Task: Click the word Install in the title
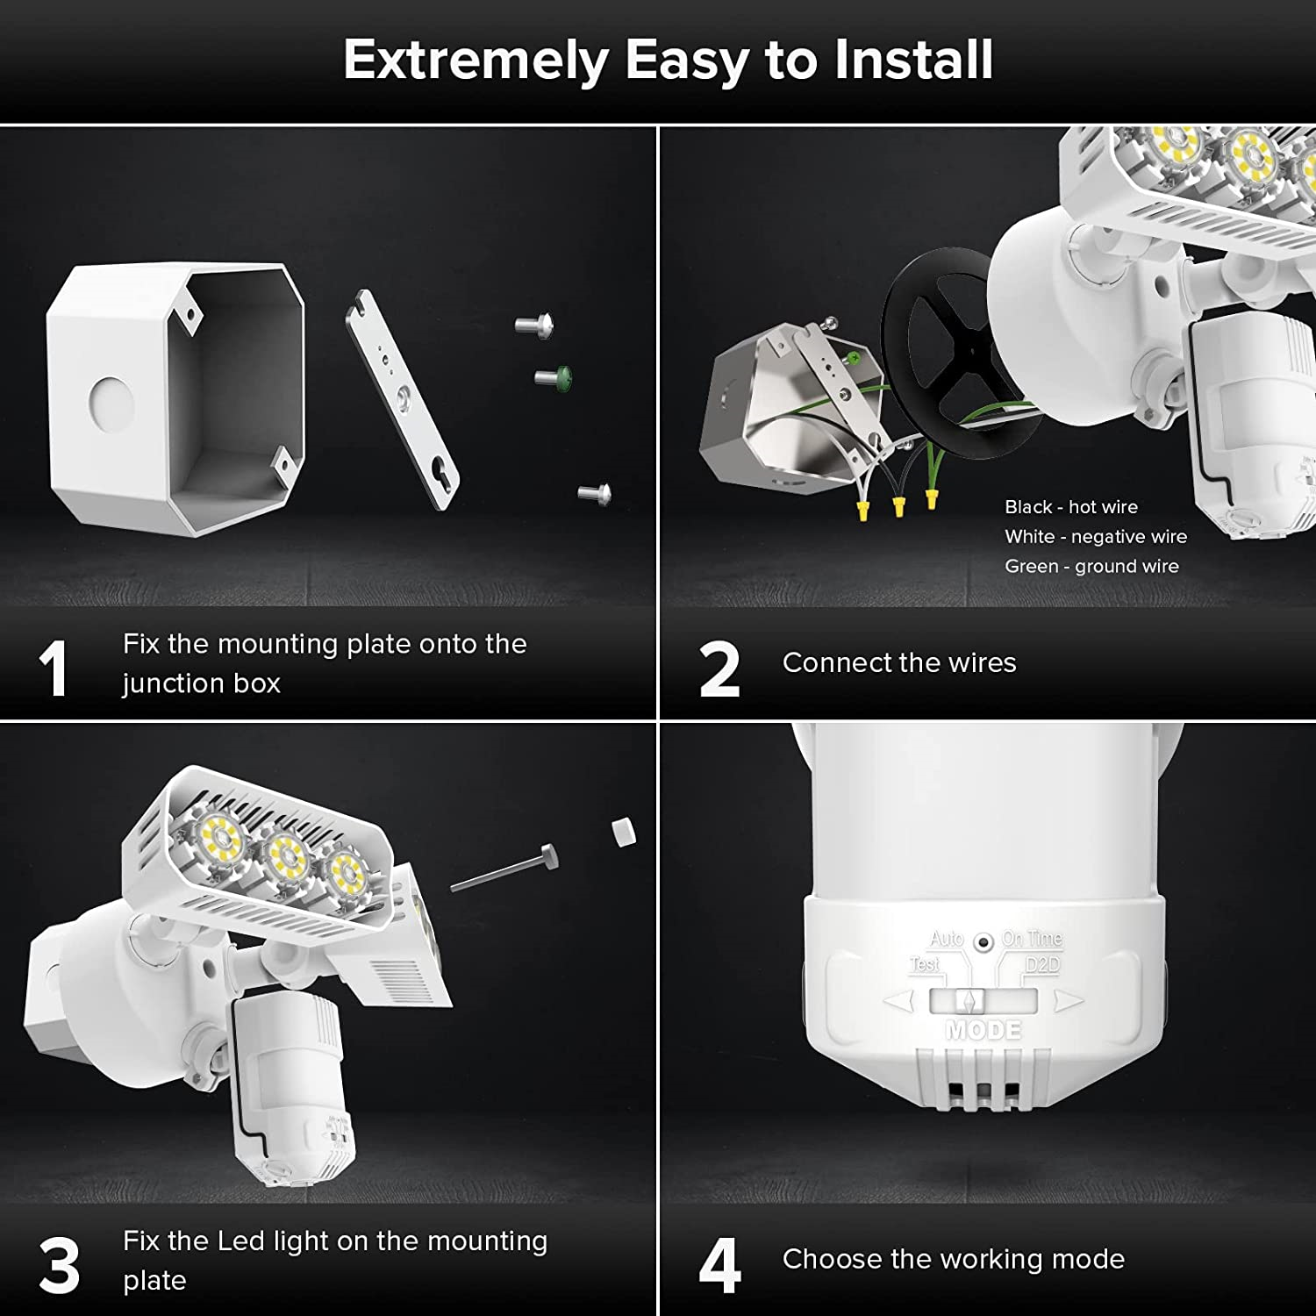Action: tap(913, 60)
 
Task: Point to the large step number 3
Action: tap(59, 1266)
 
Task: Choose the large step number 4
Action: tap(720, 1266)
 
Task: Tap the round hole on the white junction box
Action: tap(111, 405)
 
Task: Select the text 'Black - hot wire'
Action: tap(1070, 507)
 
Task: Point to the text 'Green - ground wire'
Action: tap(1091, 567)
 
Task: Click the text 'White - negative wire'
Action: tap(1095, 537)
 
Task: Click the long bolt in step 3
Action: tap(504, 869)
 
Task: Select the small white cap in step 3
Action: tap(622, 832)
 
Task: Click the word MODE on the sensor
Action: tap(983, 1030)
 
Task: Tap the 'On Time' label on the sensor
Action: tap(1032, 939)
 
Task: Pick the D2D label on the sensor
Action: tap(1042, 965)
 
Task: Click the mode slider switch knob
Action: tap(969, 1000)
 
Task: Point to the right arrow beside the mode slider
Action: tap(1067, 1000)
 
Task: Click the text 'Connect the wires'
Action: tap(898, 663)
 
